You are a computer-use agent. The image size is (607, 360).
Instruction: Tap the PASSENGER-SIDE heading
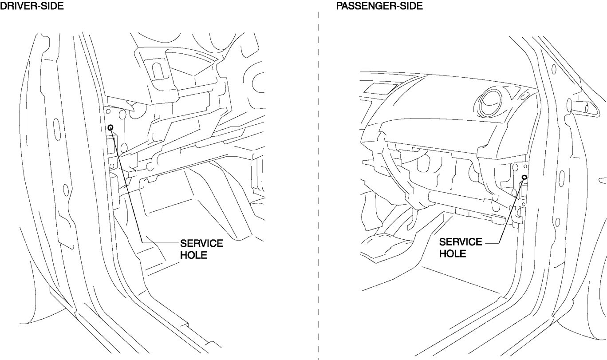tap(378, 6)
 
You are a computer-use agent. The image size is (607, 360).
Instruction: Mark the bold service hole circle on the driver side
tap(110, 128)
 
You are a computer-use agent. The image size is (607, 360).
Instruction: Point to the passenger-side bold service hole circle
tap(524, 177)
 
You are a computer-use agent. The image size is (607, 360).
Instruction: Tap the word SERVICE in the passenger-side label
tap(460, 242)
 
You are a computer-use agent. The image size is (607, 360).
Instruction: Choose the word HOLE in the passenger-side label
tap(452, 254)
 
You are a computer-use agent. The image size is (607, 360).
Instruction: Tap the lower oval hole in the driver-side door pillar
tap(65, 190)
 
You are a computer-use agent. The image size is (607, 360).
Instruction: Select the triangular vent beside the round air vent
tap(512, 93)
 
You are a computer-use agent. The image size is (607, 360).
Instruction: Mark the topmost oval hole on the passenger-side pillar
tap(555, 70)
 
